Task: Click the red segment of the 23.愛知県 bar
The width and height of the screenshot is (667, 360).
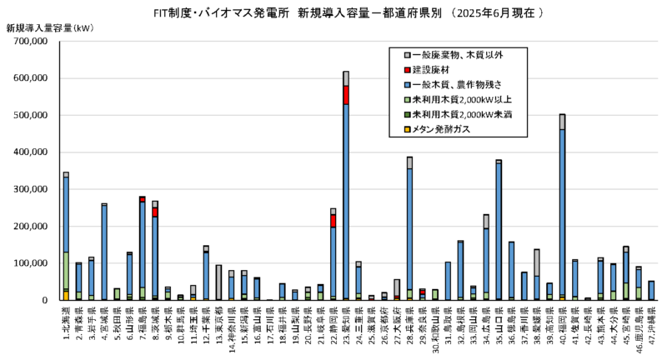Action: [346, 94]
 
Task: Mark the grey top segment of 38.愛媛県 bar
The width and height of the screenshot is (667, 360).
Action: [537, 262]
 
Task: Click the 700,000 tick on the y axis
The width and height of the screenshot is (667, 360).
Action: [33, 42]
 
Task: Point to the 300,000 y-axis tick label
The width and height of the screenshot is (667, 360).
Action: [33, 189]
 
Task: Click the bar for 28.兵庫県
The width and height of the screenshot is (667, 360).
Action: [409, 233]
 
